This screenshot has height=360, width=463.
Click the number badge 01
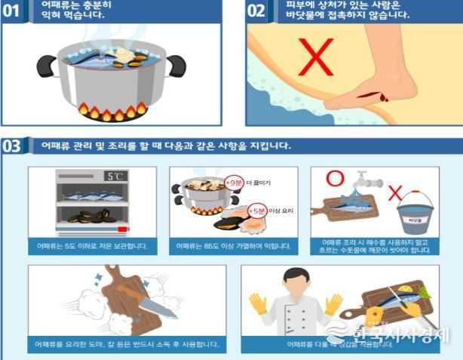click(11, 11)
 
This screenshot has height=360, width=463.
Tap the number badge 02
click(256, 11)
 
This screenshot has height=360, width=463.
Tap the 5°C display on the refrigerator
click(115, 177)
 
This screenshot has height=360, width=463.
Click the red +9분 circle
click(233, 182)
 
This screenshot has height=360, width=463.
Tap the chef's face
click(296, 280)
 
